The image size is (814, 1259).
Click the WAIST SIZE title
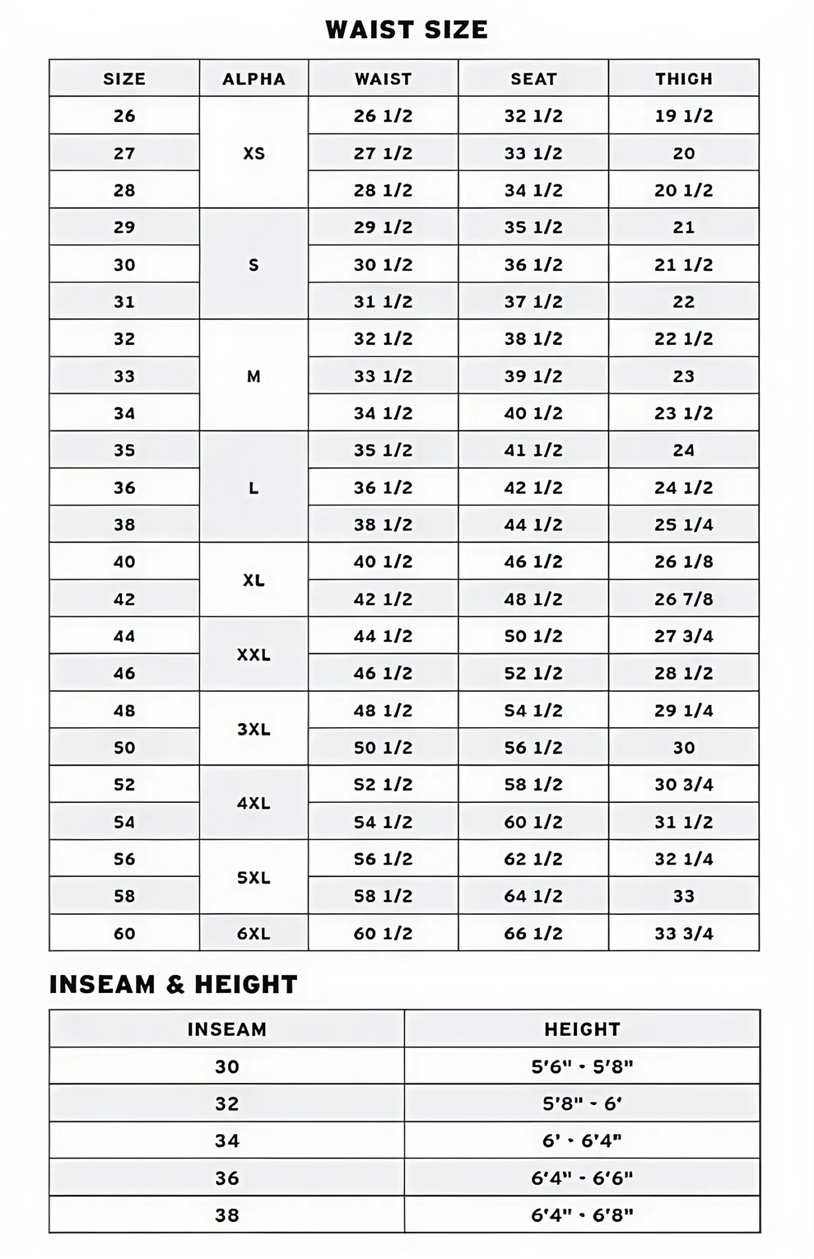point(406,29)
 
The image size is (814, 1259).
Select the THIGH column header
point(683,78)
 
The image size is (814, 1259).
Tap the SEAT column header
point(533,78)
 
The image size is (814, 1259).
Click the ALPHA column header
point(253,78)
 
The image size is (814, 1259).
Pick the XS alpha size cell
point(253,153)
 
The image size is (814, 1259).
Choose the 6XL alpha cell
point(253,933)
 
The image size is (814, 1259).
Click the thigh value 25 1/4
point(683,524)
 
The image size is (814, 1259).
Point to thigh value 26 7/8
point(683,599)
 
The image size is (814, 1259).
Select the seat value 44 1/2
point(533,524)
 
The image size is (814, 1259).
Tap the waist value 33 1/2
point(382,376)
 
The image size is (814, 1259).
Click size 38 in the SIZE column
point(124,524)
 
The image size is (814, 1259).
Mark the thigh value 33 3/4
point(683,933)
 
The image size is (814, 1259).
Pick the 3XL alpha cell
point(253,729)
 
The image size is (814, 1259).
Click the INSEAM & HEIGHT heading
point(173,985)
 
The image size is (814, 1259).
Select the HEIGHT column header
point(582,1029)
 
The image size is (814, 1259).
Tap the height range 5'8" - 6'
point(582,1103)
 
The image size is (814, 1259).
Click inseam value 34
point(226,1141)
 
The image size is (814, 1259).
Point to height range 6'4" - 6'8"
point(582,1215)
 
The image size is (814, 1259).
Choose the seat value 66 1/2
point(533,933)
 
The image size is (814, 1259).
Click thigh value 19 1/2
point(683,116)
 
